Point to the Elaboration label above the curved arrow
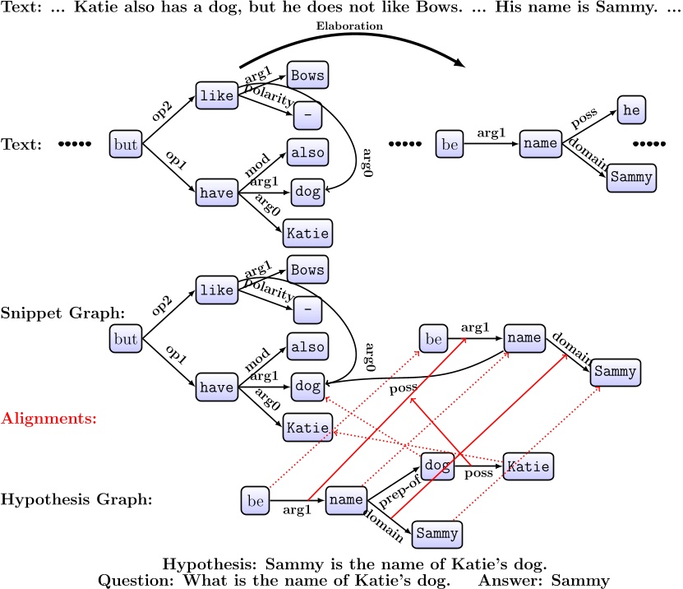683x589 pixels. (x=350, y=26)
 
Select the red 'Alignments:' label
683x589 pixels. (x=48, y=418)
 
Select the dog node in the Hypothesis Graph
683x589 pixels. (x=437, y=466)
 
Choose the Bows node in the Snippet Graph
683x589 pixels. (x=307, y=270)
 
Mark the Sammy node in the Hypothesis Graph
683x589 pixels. (x=436, y=533)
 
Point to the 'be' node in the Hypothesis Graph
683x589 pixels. (x=256, y=499)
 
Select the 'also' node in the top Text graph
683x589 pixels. (x=307, y=152)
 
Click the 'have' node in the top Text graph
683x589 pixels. (x=216, y=192)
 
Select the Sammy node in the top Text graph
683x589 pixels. (x=632, y=177)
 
